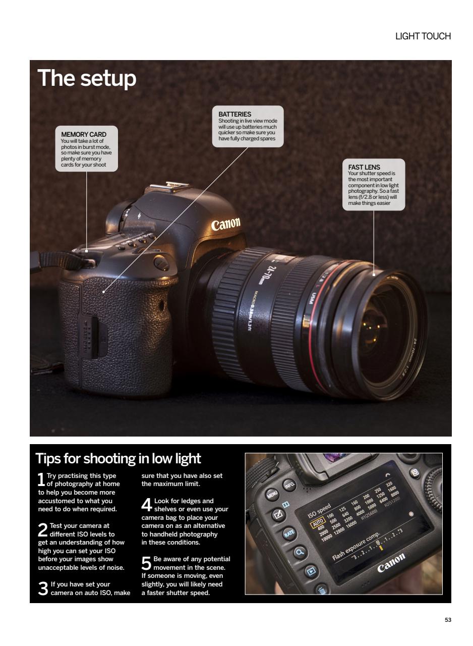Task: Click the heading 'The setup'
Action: [x=87, y=78]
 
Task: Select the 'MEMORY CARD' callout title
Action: [x=84, y=135]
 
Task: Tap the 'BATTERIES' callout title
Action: [x=234, y=115]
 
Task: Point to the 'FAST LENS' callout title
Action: [x=364, y=167]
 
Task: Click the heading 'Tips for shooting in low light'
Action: [x=118, y=459]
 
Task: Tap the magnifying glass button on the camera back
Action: [x=300, y=552]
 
